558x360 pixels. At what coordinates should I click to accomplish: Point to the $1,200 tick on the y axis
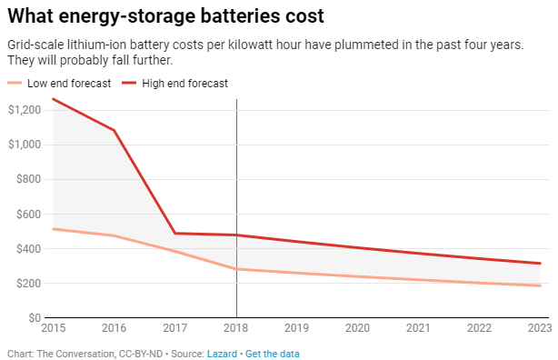click(x=25, y=110)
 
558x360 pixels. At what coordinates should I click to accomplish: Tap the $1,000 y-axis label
click(x=25, y=145)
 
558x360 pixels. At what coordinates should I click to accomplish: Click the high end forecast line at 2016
click(x=115, y=130)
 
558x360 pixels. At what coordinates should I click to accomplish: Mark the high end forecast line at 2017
click(x=175, y=234)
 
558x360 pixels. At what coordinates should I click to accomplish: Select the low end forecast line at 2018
click(x=236, y=269)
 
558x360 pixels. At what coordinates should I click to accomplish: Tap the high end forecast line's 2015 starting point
click(x=54, y=99)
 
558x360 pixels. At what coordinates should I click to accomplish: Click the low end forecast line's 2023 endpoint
click(x=540, y=285)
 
